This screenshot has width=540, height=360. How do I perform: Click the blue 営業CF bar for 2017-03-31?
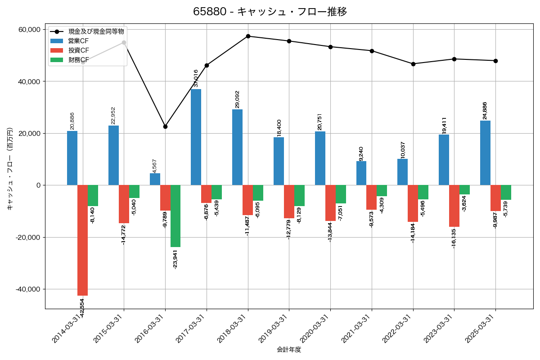pyautogui.click(x=196, y=137)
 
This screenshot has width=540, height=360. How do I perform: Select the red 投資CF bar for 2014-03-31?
pyautogui.click(x=82, y=240)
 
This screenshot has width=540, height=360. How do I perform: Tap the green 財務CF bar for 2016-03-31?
pyautogui.click(x=175, y=216)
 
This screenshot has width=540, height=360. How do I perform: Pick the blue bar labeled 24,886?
pyautogui.click(x=485, y=153)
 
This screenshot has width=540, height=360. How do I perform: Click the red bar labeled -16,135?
pyautogui.click(x=454, y=206)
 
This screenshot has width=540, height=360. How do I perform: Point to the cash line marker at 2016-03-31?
pyautogui.click(x=165, y=126)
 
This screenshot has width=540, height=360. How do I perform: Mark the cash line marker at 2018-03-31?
pyautogui.click(x=248, y=36)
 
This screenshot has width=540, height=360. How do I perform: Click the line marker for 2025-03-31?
pyautogui.click(x=495, y=61)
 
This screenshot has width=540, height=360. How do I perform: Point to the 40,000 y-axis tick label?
pyautogui.click(x=28, y=81)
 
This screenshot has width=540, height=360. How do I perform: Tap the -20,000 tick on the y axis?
pyautogui.click(x=27, y=237)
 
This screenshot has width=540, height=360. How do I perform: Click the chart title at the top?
pyautogui.click(x=270, y=12)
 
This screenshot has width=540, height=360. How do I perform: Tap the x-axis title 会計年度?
pyautogui.click(x=289, y=350)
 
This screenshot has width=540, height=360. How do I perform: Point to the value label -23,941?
pyautogui.click(x=175, y=258)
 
